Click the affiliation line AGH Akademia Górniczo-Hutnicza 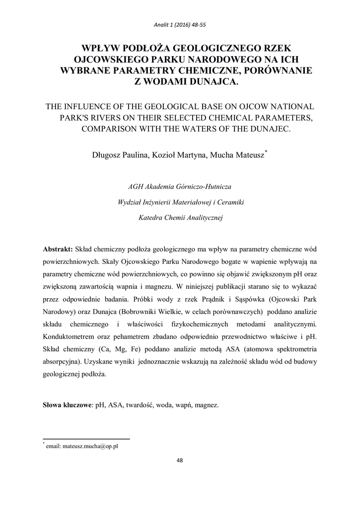tap(180, 187)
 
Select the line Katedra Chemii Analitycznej tap(180, 217)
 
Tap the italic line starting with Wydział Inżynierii tap(180, 202)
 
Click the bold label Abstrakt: tap(58, 248)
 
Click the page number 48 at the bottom tap(180, 460)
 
